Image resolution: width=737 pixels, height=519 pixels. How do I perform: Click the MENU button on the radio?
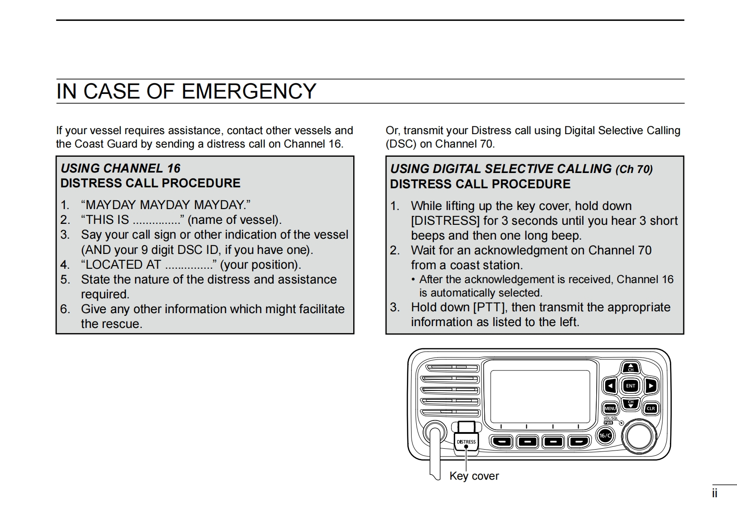click(x=610, y=408)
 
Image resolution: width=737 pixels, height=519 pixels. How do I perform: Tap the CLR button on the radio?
click(x=650, y=408)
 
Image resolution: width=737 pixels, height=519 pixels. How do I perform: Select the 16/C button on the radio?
click(x=605, y=436)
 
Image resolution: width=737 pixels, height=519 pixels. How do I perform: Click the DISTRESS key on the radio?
click(x=466, y=442)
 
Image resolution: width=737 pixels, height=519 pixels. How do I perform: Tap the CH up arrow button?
click(x=631, y=368)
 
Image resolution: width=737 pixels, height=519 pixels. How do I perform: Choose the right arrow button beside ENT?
click(x=650, y=385)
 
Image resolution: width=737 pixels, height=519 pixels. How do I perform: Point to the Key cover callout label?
click(x=474, y=476)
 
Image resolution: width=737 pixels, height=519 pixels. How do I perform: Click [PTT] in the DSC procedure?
click(x=489, y=308)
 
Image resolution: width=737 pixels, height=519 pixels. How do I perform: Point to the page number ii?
click(x=715, y=494)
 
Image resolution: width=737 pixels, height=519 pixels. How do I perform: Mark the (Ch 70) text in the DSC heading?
click(x=634, y=169)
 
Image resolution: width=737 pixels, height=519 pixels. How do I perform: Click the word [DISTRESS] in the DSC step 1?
click(x=445, y=221)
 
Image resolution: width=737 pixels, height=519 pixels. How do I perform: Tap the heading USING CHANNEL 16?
click(x=120, y=168)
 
